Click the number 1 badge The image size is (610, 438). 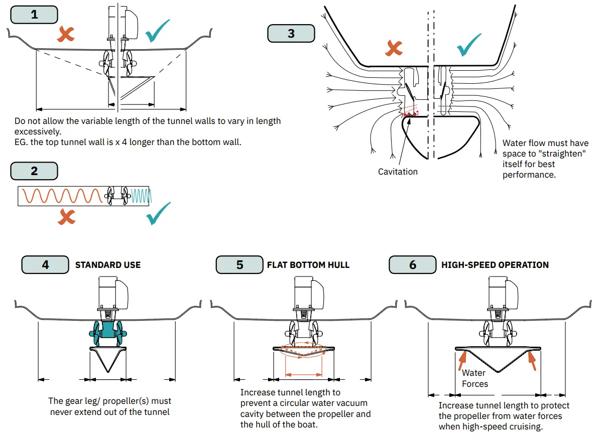[x=34, y=15]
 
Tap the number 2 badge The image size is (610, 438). [x=34, y=171]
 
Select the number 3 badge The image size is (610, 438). [x=291, y=34]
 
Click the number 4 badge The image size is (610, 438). [x=45, y=264]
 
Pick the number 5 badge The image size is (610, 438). [x=239, y=264]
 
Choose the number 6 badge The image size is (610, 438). [x=413, y=264]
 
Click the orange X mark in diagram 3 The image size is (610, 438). [x=394, y=48]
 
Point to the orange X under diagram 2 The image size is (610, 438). [x=66, y=216]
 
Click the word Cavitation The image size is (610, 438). [x=398, y=172]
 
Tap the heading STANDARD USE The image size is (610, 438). [x=108, y=265]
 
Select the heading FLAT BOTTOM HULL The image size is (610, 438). [x=308, y=265]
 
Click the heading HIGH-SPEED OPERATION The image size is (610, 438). [x=495, y=265]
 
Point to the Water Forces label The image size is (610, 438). [x=474, y=378]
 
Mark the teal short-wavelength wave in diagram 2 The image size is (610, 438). [x=141, y=195]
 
